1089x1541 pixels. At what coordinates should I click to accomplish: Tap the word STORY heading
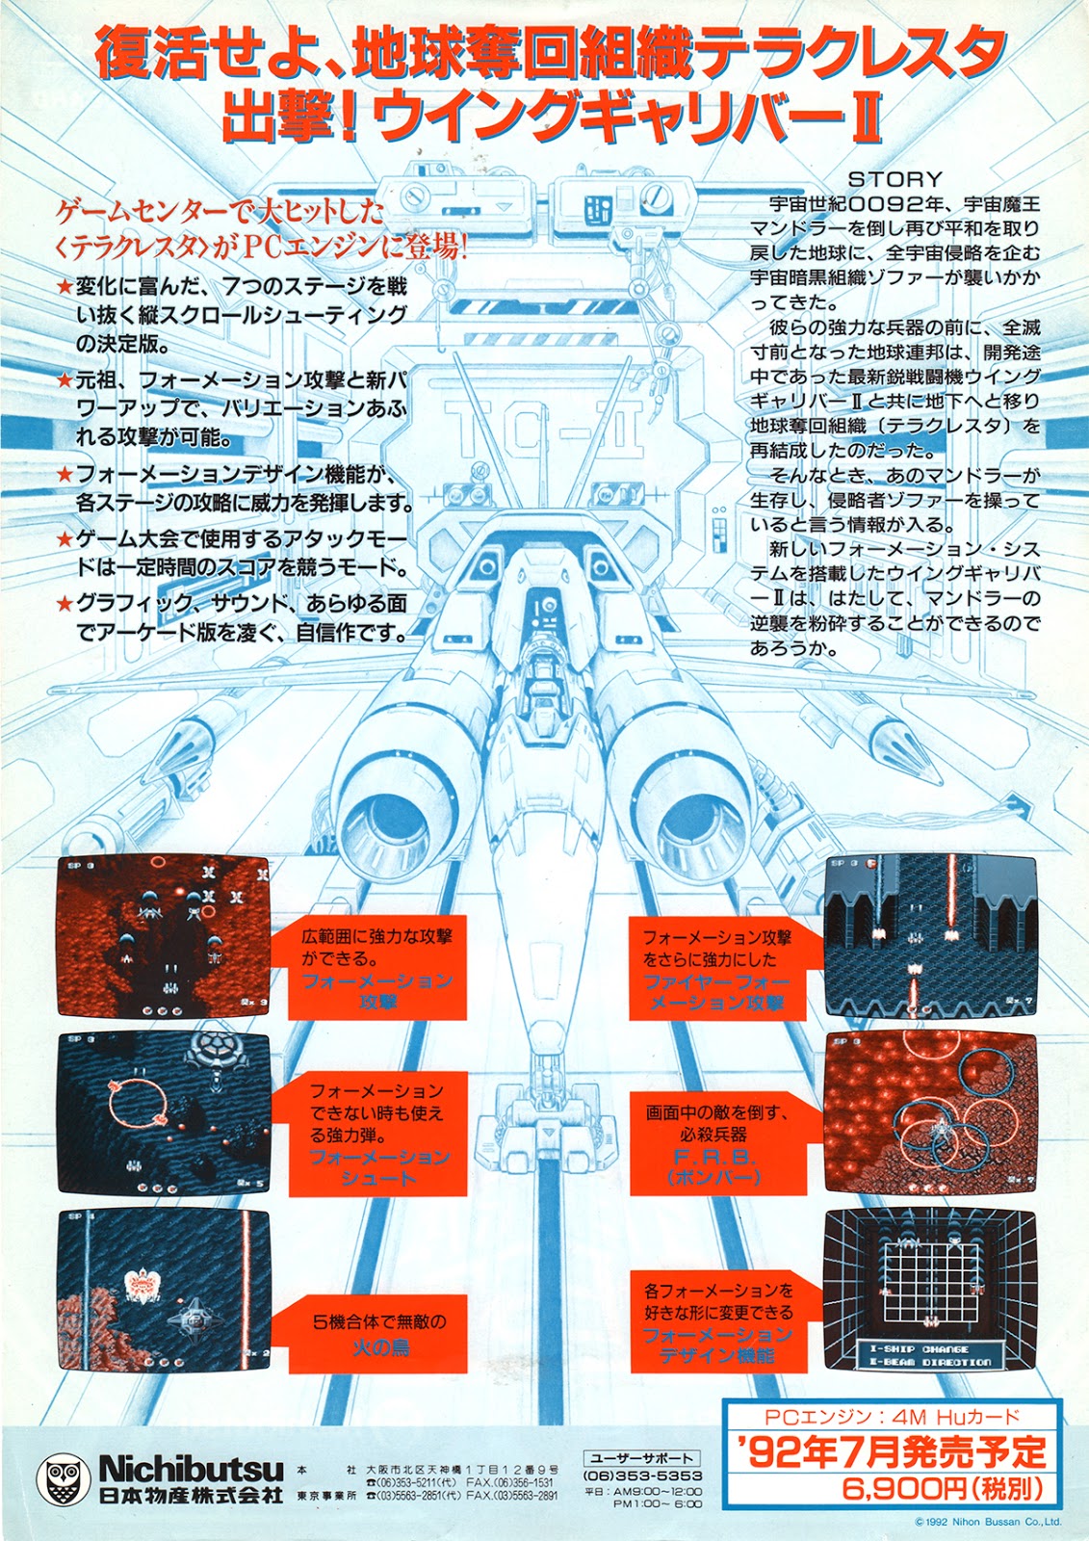[x=895, y=179]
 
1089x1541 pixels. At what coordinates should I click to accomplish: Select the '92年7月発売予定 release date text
[x=890, y=1452]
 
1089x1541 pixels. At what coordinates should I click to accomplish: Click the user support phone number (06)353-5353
[x=642, y=1476]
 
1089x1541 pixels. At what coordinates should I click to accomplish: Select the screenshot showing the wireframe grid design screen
[x=929, y=1291]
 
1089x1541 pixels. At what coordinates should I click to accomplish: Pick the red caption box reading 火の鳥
[x=379, y=1334]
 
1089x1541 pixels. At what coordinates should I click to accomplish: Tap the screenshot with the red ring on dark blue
[x=164, y=1112]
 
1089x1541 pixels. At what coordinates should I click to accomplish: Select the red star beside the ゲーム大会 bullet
[x=65, y=539]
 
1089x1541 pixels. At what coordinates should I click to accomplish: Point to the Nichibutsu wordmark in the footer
[x=191, y=1469]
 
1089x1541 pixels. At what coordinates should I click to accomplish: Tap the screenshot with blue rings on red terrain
[x=930, y=1112]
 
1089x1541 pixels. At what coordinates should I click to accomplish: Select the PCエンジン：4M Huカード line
[x=890, y=1417]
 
